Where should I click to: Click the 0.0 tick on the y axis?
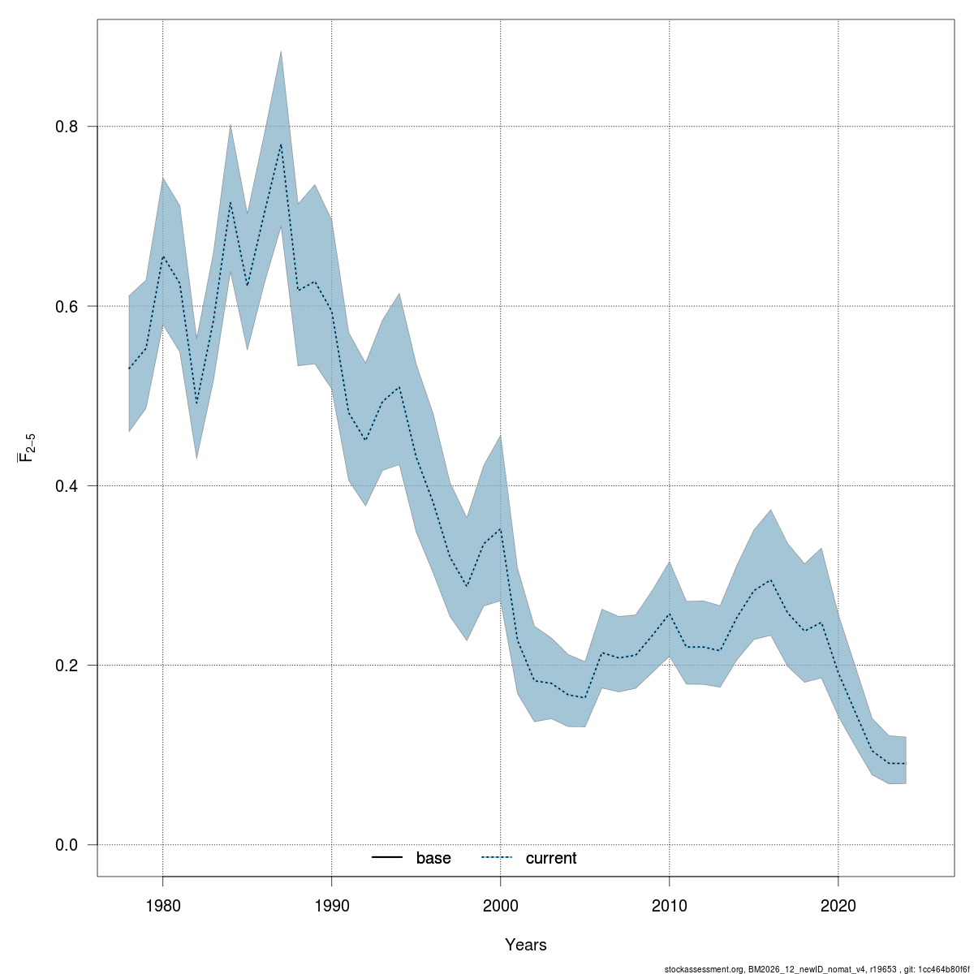[x=66, y=845]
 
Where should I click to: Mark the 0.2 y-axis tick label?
[x=66, y=666]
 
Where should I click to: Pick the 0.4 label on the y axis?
[x=66, y=486]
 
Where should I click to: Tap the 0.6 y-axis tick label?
[x=66, y=307]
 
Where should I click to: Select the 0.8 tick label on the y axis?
[x=66, y=127]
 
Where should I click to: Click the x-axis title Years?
[x=525, y=945]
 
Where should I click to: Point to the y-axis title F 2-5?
[x=27, y=447]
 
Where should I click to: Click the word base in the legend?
[x=433, y=858]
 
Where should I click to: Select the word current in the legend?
[x=550, y=858]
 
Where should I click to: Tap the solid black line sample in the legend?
[x=388, y=858]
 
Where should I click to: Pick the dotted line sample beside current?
[x=497, y=858]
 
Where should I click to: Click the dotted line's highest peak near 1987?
[x=281, y=144]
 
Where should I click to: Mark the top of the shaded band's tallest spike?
[x=281, y=51]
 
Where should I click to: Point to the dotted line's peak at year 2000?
[x=500, y=528]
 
